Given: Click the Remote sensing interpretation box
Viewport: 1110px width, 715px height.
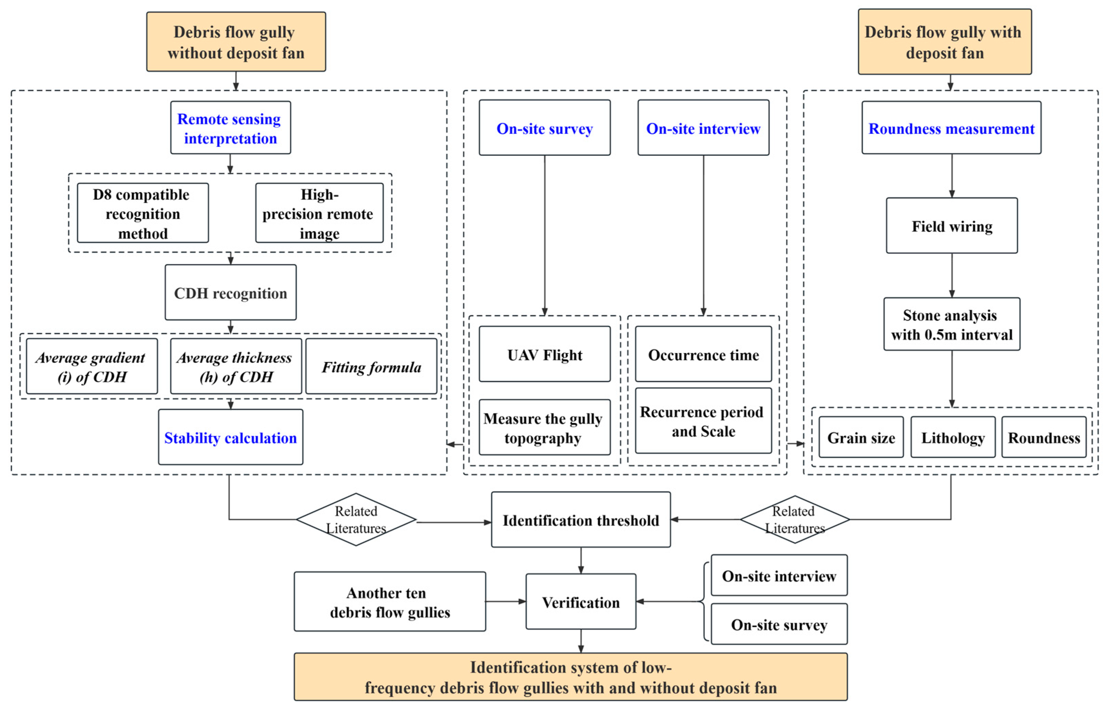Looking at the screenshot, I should tap(230, 128).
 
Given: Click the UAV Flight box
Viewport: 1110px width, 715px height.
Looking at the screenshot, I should tap(544, 354).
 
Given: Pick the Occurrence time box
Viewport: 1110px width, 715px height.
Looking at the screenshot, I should tap(703, 354).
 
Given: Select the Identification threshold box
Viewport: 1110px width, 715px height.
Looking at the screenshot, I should tap(580, 520).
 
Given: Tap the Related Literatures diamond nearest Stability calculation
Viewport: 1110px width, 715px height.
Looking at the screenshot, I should tap(356, 519).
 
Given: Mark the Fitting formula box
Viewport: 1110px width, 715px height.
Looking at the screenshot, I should tap(371, 367).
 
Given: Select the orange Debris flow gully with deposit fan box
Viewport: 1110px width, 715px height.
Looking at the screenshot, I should tap(944, 42).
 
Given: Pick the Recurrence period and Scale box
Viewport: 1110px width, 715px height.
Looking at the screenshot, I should tap(703, 421).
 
